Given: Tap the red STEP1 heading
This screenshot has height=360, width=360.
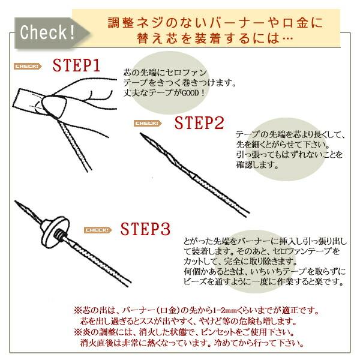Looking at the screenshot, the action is (76, 65).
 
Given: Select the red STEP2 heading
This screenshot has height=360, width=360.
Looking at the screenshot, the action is (199, 123).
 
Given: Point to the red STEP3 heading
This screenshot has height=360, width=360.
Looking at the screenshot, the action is (146, 229).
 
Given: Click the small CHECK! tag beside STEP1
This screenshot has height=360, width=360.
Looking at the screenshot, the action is (28, 67).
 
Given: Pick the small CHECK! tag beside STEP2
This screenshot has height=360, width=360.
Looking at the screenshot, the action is (148, 123).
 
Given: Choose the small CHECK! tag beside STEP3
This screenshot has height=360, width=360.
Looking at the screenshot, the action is (98, 230).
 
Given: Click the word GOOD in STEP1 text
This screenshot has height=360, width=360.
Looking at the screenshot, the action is (191, 93).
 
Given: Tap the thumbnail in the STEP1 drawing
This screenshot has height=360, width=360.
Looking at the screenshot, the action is (55, 106).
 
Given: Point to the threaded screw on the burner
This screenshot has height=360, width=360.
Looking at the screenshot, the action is (60, 235).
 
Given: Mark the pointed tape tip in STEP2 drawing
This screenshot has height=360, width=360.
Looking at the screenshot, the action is (141, 134).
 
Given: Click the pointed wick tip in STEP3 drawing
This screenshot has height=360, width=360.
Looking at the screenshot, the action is (16, 202).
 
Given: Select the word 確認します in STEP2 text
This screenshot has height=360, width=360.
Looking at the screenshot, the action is (257, 164).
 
